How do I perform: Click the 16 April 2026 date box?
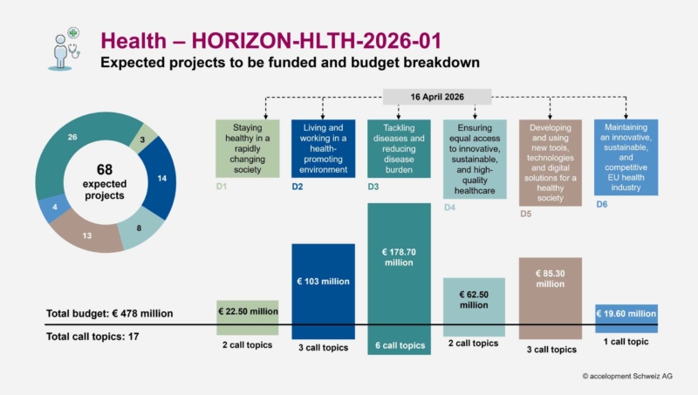tap(438, 97)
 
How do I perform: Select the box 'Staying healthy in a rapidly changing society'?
tap(248, 148)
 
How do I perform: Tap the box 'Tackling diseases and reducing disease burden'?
tap(399, 148)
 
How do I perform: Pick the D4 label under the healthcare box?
tap(450, 207)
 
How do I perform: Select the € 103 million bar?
tap(323, 292)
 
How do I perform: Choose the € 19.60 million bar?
tap(626, 317)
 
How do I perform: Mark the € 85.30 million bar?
tap(551, 296)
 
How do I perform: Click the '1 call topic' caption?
tap(626, 342)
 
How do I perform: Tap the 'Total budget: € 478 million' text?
tap(110, 313)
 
